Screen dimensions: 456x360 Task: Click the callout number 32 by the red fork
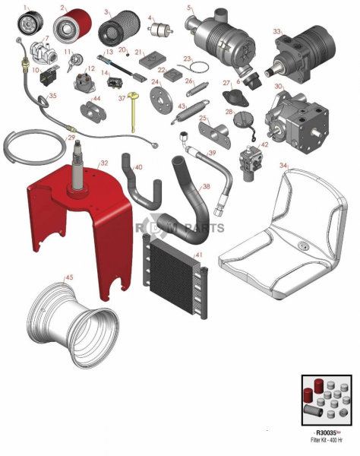(104, 163)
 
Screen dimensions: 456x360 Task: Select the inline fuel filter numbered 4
(160, 28)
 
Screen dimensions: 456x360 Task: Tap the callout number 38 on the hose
(206, 186)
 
